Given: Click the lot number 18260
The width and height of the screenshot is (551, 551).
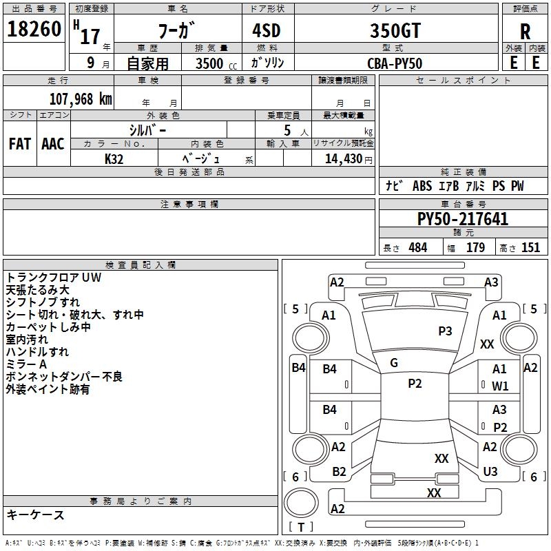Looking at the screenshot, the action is pyautogui.click(x=34, y=29).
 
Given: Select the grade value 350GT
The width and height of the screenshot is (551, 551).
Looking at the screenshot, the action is pyautogui.click(x=395, y=30).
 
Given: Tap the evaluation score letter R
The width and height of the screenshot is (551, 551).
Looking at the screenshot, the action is pyautogui.click(x=525, y=32).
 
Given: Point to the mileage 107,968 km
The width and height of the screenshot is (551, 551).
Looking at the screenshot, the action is pyautogui.click(x=81, y=99).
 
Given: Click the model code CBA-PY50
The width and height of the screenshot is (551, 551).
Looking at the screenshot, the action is pyautogui.click(x=395, y=63).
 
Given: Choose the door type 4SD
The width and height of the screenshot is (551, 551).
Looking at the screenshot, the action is pyautogui.click(x=267, y=30).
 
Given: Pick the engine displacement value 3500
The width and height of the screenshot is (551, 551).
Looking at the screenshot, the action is pyautogui.click(x=209, y=63).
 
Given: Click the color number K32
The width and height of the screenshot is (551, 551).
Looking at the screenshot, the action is pyautogui.click(x=114, y=159).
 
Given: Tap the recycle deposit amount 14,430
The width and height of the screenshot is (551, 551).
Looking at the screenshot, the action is pyautogui.click(x=343, y=159).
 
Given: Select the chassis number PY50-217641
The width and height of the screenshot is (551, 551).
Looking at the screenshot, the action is pyautogui.click(x=463, y=219).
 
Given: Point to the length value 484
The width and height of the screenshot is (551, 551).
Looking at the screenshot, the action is pyautogui.click(x=418, y=248).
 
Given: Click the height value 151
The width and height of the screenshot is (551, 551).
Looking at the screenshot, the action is pyautogui.click(x=530, y=248).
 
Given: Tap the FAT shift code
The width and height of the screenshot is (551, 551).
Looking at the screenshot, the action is pyautogui.click(x=20, y=144).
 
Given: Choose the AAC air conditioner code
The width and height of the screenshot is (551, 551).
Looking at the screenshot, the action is pyautogui.click(x=53, y=144).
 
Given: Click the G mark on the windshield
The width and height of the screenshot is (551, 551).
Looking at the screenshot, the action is pyautogui.click(x=394, y=363).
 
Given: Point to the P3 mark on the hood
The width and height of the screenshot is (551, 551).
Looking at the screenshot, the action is pyautogui.click(x=445, y=331).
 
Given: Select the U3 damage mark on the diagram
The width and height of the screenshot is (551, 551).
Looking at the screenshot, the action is pyautogui.click(x=490, y=472).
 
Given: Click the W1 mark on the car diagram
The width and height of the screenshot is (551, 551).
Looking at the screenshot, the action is pyautogui.click(x=500, y=386).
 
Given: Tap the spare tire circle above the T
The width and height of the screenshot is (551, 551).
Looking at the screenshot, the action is pyautogui.click(x=301, y=502).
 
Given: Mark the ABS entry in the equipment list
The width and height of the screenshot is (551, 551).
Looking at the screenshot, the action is pyautogui.click(x=422, y=186).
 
